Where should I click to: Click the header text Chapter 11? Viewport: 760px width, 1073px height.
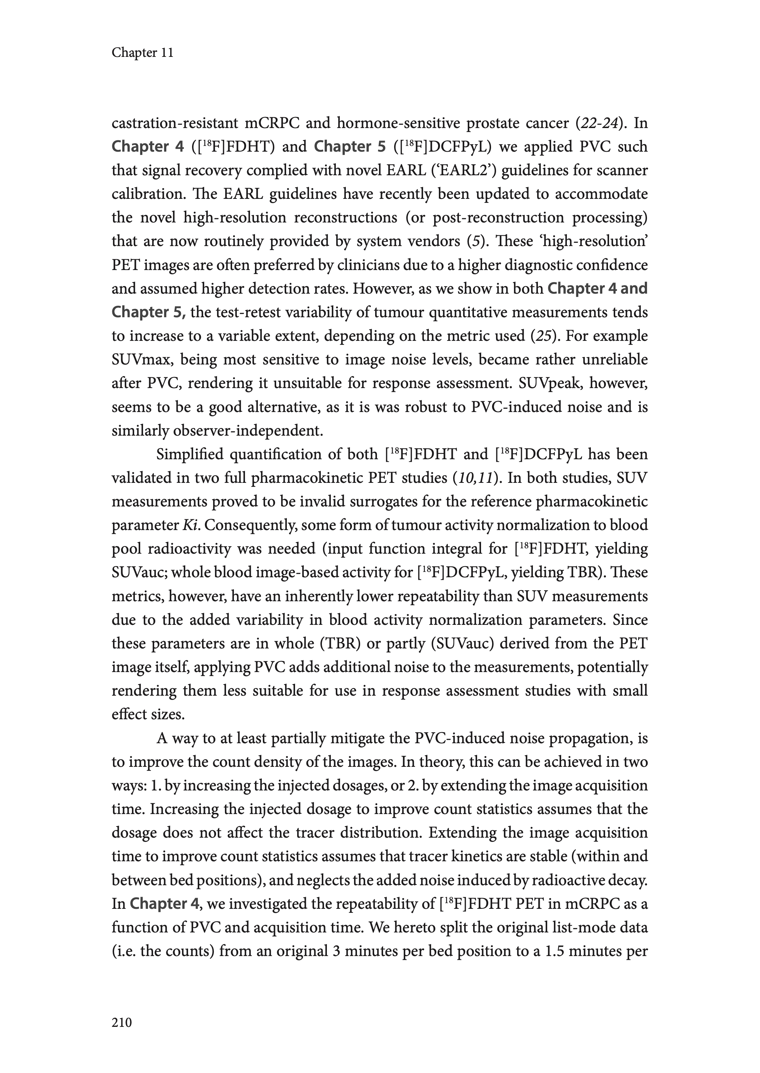click(x=142, y=53)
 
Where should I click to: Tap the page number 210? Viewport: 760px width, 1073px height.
click(x=122, y=1023)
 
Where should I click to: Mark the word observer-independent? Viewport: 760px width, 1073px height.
click(x=247, y=431)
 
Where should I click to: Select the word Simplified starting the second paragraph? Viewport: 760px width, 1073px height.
click(x=190, y=454)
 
